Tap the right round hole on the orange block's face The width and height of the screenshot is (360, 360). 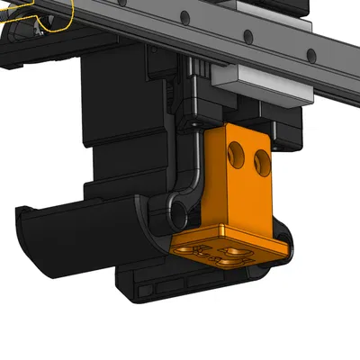pos(263,161)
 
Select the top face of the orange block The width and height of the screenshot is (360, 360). pos(243,135)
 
